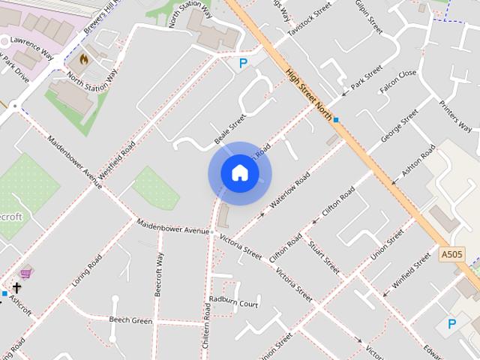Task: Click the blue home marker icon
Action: coord(239,173)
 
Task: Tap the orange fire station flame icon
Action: coord(83,58)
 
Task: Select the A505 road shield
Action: coord(451,254)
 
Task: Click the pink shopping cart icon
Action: coord(26,273)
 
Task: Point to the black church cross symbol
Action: coord(16,287)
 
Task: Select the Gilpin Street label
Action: coord(369,17)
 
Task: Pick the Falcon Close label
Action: coord(397,82)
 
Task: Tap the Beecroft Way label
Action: coord(159,275)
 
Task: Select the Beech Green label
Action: coord(130,320)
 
